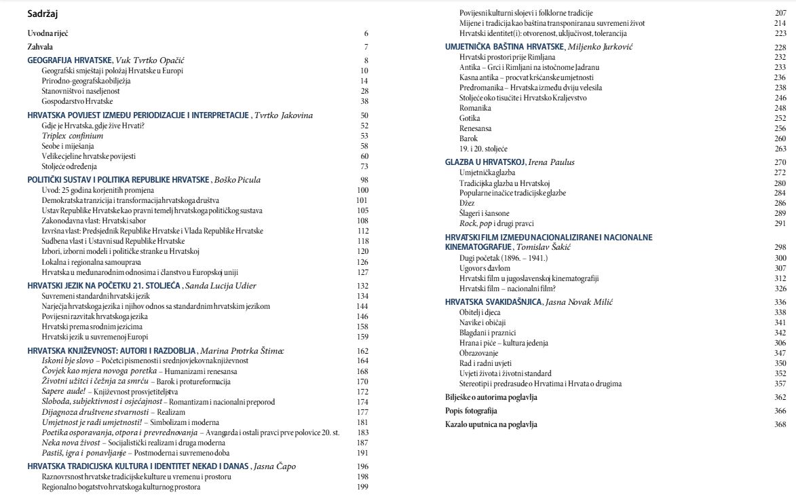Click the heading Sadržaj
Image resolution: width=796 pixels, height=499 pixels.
pos(42,13)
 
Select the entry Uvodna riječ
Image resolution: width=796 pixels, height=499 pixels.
pos(48,33)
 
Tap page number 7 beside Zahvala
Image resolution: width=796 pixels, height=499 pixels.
pos(365,47)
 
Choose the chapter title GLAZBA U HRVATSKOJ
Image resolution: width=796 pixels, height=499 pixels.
pos(487,162)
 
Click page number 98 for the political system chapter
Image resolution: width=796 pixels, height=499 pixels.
pos(364,180)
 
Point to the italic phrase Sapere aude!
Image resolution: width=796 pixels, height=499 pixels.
pos(64,392)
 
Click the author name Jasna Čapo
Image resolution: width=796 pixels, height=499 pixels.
pos(274,466)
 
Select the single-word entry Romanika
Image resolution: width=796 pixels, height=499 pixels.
pos(475,108)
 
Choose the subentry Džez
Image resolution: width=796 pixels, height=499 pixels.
pos(468,203)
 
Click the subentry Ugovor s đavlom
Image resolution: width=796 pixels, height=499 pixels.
pos(485,268)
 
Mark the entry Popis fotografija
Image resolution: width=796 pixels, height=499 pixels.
pos(471,411)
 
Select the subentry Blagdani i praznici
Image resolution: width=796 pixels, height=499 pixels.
pos(487,333)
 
